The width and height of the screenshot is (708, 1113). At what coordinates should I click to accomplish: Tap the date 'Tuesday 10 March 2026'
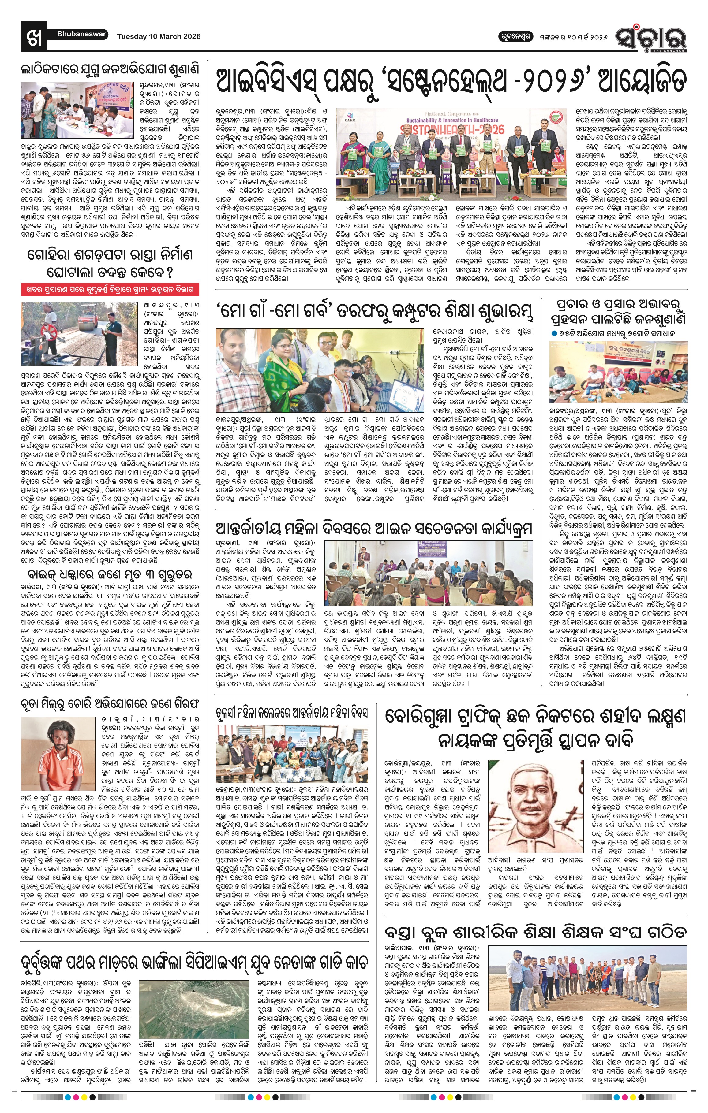159,36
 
